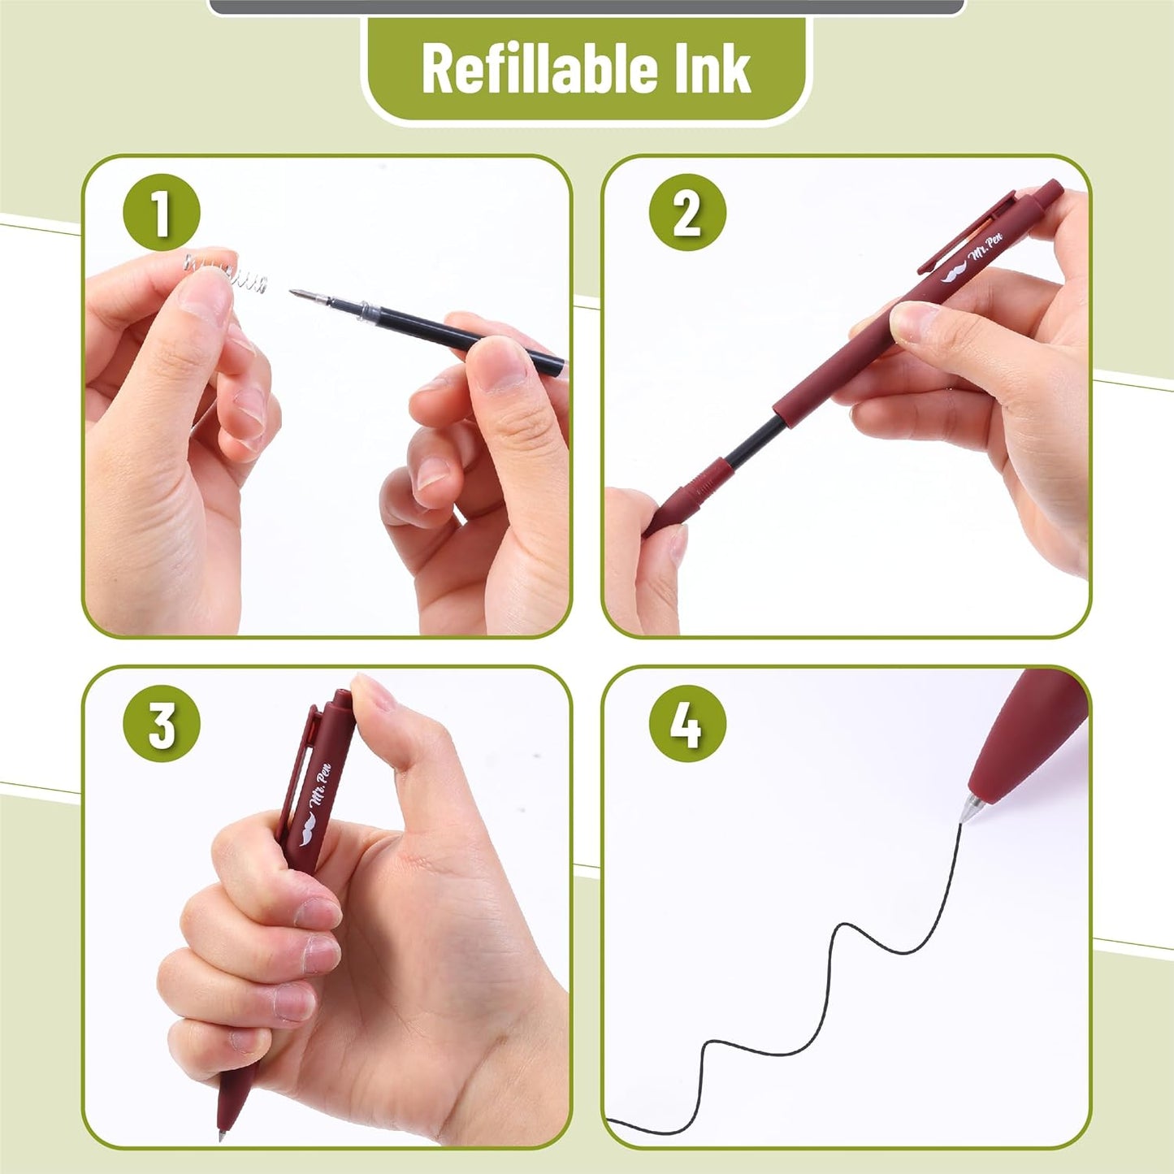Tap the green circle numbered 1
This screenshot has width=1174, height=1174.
click(162, 213)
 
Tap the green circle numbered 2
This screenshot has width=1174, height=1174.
click(687, 213)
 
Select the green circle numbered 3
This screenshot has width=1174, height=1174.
click(162, 725)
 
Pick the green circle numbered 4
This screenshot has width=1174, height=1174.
click(687, 725)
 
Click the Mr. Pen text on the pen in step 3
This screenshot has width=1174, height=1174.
click(321, 791)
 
